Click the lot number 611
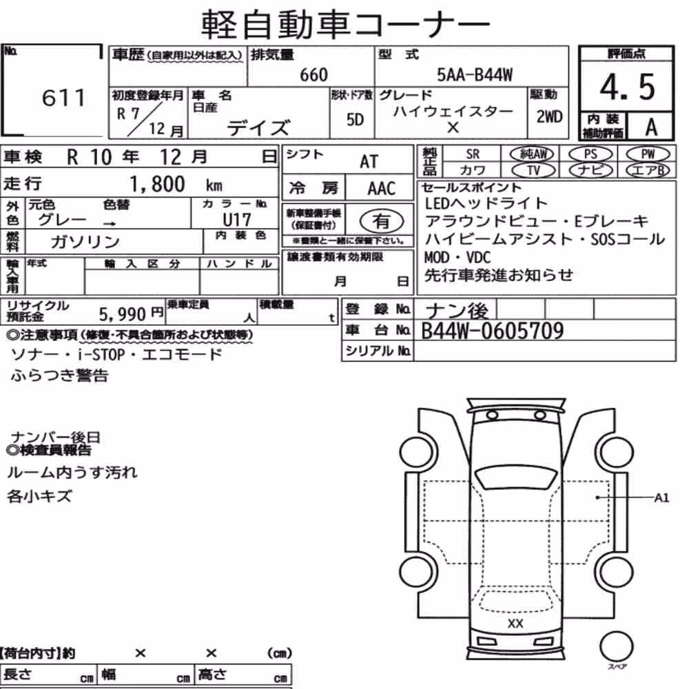coord(63,97)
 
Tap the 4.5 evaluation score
coord(627,87)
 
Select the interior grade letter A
coord(651,127)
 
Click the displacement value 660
coord(313,74)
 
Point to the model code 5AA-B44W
coord(475,74)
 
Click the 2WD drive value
coord(549,116)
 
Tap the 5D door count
coord(355,119)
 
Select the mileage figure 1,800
coord(157,184)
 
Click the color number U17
coord(237,219)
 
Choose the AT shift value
coord(369,162)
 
